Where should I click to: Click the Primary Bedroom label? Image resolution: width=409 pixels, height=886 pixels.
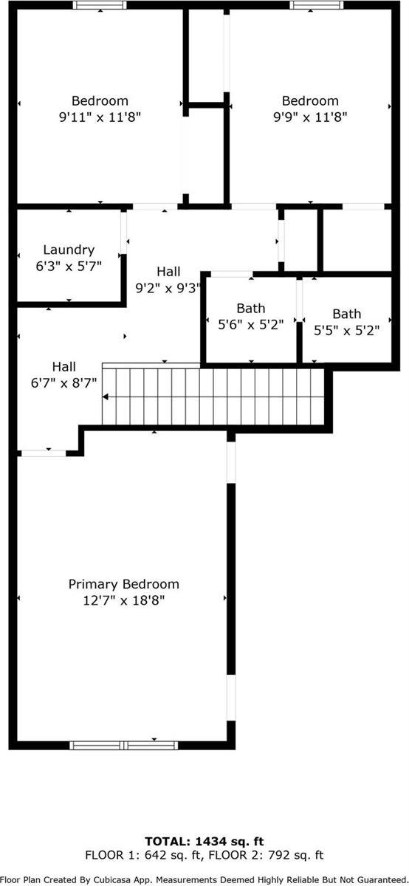pyautogui.click(x=123, y=584)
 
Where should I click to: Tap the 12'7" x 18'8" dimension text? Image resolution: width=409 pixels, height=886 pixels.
pyautogui.click(x=123, y=600)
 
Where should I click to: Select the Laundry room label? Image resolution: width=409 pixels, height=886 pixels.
pyautogui.click(x=69, y=250)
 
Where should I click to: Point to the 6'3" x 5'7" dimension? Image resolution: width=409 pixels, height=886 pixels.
pyautogui.click(x=69, y=266)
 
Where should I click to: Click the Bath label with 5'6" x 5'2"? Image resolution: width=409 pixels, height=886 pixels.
pyautogui.click(x=250, y=308)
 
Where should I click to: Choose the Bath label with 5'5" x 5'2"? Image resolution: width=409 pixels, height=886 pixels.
pyautogui.click(x=346, y=314)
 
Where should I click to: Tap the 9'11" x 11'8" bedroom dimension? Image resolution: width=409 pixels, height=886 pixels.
pyautogui.click(x=100, y=117)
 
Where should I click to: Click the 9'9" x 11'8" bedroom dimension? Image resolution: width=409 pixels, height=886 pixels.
pyautogui.click(x=310, y=117)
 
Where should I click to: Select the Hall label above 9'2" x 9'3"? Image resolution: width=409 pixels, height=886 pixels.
pyautogui.click(x=168, y=272)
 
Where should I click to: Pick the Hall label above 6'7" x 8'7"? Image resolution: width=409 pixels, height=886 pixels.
pyautogui.click(x=63, y=366)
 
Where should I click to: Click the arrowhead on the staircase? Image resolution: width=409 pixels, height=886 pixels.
pyautogui.click(x=106, y=396)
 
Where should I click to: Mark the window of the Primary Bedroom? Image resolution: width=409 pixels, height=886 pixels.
pyautogui.click(x=124, y=745)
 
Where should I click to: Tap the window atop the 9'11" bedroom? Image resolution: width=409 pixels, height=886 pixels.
pyautogui.click(x=100, y=5)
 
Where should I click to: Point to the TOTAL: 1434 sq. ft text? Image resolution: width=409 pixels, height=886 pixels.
pyautogui.click(x=205, y=841)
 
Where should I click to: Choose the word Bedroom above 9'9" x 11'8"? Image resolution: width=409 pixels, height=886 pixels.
pyautogui.click(x=310, y=100)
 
